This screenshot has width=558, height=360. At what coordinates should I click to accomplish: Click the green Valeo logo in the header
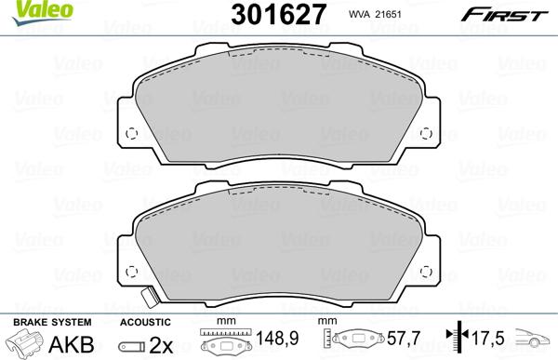23,9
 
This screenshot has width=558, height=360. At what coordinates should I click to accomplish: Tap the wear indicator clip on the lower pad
147,299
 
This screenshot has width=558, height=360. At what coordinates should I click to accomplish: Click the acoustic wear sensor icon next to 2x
133,345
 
